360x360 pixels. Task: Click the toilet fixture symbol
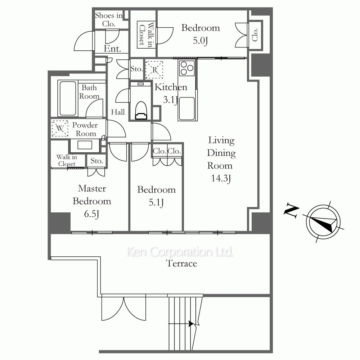tap(141, 111)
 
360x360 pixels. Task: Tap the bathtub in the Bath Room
tap(68, 98)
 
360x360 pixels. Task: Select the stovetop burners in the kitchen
tap(187, 68)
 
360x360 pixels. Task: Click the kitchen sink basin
tap(186, 109)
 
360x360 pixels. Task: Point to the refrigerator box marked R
tap(154, 69)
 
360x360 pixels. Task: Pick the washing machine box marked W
tap(60, 129)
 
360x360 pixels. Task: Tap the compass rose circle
tap(323, 222)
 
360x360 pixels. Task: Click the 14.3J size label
tap(221, 179)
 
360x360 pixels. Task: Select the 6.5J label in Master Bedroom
tap(91, 214)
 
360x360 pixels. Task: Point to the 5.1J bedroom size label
tap(156, 202)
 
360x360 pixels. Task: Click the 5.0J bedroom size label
tap(200, 41)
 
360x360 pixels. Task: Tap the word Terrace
tap(181, 264)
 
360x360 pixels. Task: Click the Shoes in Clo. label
tap(109, 19)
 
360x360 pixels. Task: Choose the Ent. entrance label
tap(112, 49)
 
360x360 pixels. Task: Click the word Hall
tap(118, 112)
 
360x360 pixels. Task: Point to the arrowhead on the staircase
tap(191, 324)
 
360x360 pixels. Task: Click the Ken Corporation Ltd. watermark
tap(180, 252)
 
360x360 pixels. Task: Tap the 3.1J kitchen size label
tap(170, 100)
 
